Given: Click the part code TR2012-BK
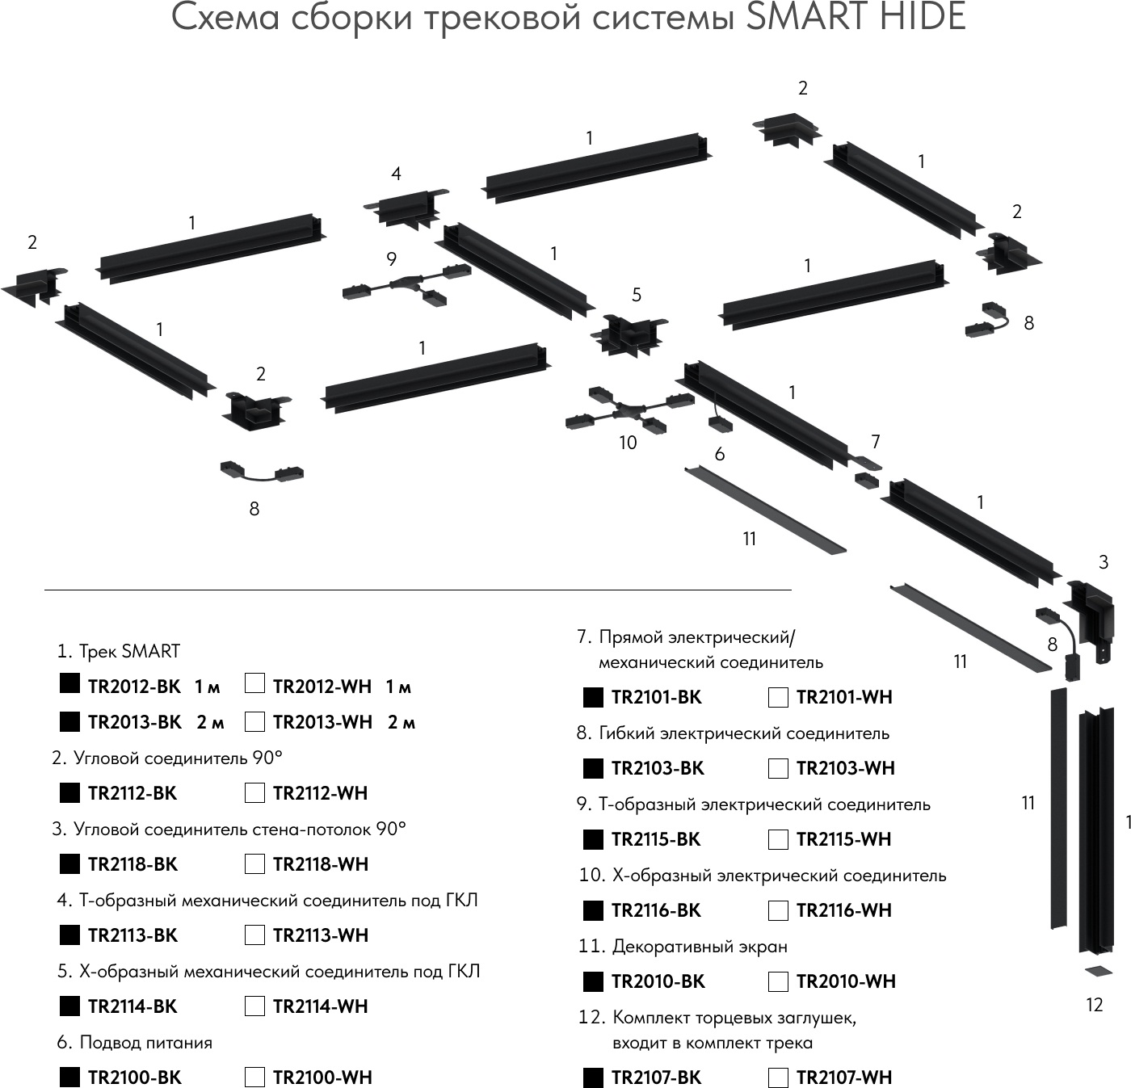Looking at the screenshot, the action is tap(134, 687).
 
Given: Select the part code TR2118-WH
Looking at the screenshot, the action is tap(320, 864).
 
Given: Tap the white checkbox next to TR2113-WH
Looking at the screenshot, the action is tap(254, 935).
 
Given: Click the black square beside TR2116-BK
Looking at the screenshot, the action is tap(593, 911).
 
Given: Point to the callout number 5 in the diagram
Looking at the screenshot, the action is tap(637, 296).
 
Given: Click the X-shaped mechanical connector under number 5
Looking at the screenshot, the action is tap(629, 335).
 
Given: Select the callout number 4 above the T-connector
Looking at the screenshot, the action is tap(396, 174).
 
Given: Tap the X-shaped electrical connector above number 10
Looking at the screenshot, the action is tap(629, 410).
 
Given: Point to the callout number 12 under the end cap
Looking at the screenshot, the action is tap(1094, 1005).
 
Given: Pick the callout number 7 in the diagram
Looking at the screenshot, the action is tap(875, 442).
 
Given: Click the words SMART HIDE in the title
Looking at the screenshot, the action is tap(855, 18).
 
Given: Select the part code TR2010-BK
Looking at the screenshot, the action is tap(658, 981).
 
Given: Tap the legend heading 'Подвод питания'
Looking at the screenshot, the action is tap(146, 1043).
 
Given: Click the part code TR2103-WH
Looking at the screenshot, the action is tap(845, 768).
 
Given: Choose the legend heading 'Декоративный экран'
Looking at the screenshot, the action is tap(700, 947).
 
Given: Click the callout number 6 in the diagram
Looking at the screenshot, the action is tap(720, 454).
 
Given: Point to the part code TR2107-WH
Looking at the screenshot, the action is tap(844, 1077).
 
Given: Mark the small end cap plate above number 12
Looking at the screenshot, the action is tap(1098, 971).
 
